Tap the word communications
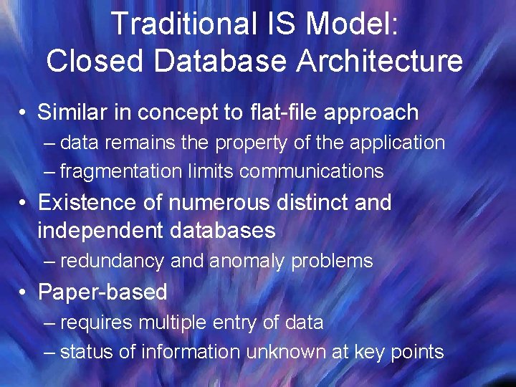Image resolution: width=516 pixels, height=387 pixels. click(312, 171)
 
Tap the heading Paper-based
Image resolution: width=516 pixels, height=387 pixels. click(102, 292)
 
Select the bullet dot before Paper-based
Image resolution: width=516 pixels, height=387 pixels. click(24, 292)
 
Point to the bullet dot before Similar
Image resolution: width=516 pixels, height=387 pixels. click(24, 113)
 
